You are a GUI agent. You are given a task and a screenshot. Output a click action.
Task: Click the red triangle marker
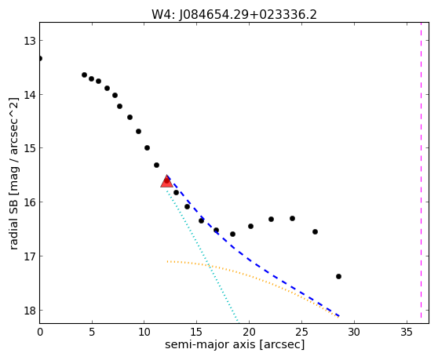(x=166, y=181)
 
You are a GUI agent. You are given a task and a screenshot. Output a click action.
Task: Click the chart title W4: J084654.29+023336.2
(x=234, y=15)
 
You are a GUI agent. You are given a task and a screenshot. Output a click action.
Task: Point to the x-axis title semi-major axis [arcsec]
(x=235, y=344)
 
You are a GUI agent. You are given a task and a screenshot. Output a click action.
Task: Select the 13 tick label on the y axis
(x=30, y=41)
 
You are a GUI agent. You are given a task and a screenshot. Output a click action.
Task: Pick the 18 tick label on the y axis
(x=30, y=311)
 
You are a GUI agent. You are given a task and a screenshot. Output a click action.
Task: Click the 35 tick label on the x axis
(x=407, y=332)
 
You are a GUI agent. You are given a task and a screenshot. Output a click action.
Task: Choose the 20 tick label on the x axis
(x=249, y=332)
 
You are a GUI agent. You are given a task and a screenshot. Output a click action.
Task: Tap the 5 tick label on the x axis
(x=92, y=332)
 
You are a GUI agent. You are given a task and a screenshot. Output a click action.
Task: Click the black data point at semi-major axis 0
(x=40, y=58)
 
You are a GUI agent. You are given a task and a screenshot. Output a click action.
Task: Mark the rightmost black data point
(x=338, y=277)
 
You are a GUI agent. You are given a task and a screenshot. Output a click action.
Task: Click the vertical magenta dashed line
(x=421, y=170)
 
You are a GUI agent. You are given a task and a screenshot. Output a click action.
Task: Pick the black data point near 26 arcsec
(x=315, y=231)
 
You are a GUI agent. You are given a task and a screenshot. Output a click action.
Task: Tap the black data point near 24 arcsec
(x=292, y=218)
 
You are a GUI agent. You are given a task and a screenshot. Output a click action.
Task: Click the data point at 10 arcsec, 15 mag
(x=147, y=147)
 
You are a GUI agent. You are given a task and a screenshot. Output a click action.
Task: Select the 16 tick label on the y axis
(x=30, y=202)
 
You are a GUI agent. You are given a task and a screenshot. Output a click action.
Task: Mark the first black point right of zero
(x=84, y=75)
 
